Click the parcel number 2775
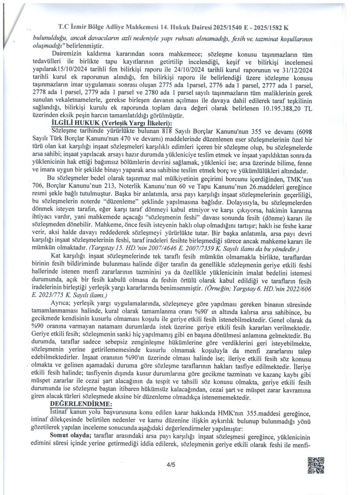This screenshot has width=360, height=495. click(188, 85)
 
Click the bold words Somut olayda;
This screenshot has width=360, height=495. click(69, 434)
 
